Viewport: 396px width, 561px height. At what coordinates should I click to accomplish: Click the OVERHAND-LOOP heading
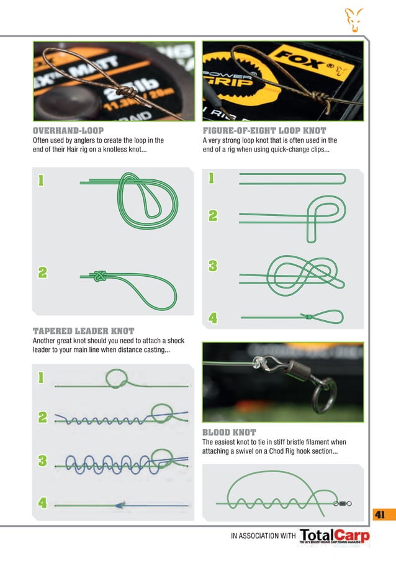[x=68, y=131]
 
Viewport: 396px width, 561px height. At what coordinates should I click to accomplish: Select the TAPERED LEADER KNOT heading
[x=83, y=331]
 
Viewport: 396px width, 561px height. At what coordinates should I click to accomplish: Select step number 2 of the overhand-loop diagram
[x=42, y=272]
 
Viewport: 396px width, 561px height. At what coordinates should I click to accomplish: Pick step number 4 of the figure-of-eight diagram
[x=213, y=319]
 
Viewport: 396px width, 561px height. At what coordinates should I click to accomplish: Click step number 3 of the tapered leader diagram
[x=42, y=460]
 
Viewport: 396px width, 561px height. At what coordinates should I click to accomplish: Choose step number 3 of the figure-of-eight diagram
[x=213, y=266]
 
